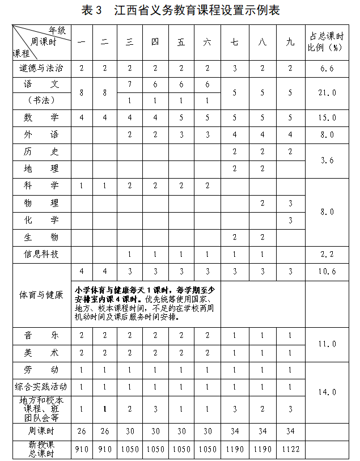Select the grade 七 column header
[235, 42]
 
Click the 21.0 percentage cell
[328, 92]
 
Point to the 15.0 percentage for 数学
[328, 118]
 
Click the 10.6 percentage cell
[328, 271]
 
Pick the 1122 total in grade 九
[290, 449]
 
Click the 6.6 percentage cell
[328, 68]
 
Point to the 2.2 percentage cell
[328, 254]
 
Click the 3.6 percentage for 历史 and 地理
[328, 160]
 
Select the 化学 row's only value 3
[290, 220]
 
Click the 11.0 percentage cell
[328, 344]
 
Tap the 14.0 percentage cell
[328, 392]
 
